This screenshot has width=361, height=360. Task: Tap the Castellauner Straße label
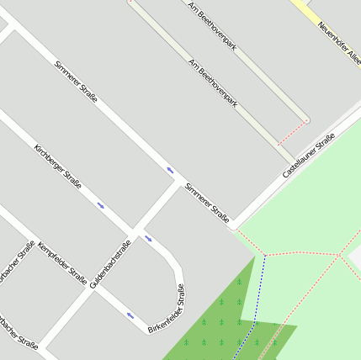coord(309,152)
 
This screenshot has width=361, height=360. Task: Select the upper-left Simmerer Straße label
coord(76,82)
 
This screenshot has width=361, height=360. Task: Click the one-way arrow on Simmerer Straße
coord(171,170)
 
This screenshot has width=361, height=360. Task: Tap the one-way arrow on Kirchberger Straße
coord(101,204)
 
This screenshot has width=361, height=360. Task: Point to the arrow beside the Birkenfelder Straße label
coord(130,315)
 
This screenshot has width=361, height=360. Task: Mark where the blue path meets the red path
coord(265,254)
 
